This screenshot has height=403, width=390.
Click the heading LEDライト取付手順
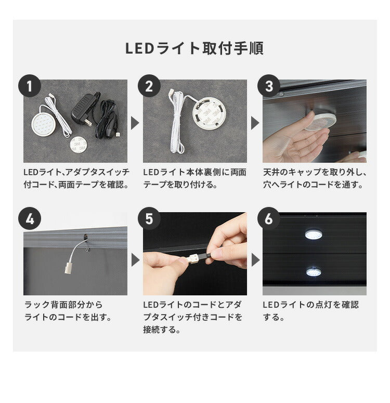click(x=194, y=48)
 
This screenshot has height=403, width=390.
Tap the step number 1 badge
click(x=30, y=86)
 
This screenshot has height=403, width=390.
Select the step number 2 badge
click(x=149, y=86)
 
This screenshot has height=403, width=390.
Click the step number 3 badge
click(x=269, y=86)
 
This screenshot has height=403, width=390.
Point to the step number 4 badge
click(x=30, y=219)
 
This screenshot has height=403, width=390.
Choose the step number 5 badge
click(x=149, y=219)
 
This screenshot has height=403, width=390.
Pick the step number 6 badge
click(x=269, y=219)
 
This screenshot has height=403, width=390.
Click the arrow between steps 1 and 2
click(x=135, y=123)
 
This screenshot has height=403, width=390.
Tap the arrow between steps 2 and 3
click(x=255, y=123)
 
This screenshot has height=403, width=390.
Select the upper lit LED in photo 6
click(x=313, y=233)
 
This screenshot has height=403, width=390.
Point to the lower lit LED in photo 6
click(x=313, y=271)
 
